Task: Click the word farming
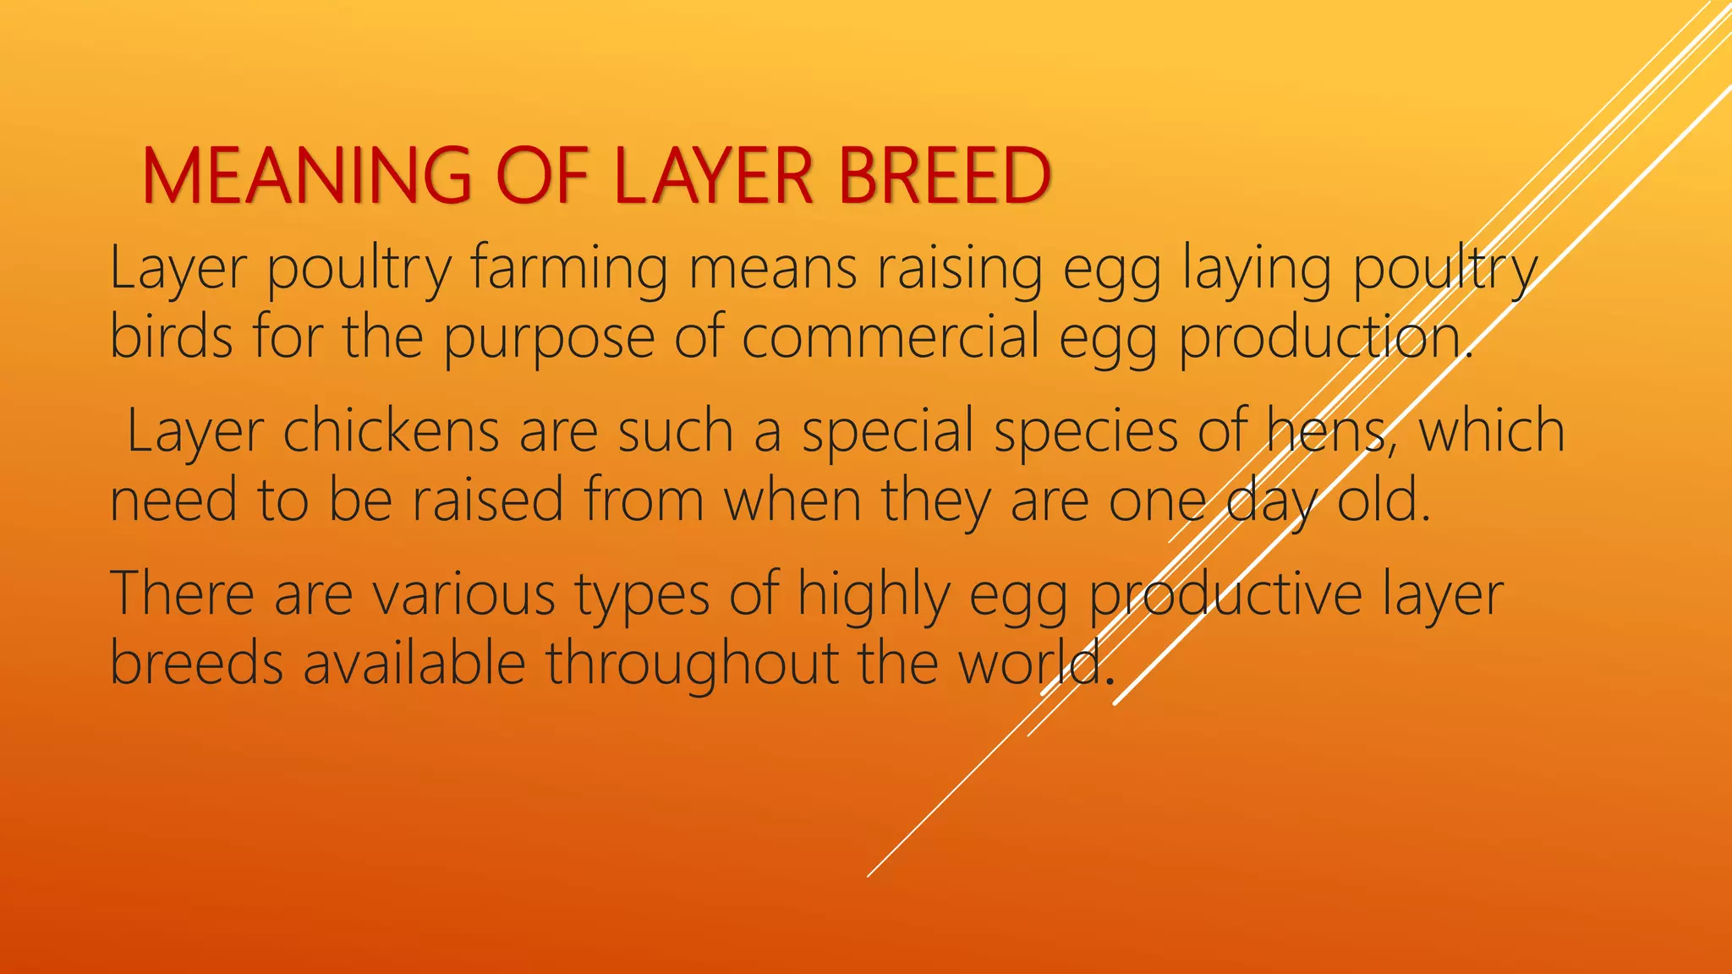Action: (x=568, y=269)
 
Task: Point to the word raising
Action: (x=959, y=269)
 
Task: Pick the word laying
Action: (x=1257, y=269)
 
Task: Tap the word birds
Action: (x=171, y=337)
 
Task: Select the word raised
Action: (x=488, y=500)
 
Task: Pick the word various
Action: (x=464, y=594)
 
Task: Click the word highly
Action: (x=874, y=595)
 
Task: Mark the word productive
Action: (x=1225, y=595)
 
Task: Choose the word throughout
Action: (x=692, y=664)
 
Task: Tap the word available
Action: (x=414, y=662)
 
